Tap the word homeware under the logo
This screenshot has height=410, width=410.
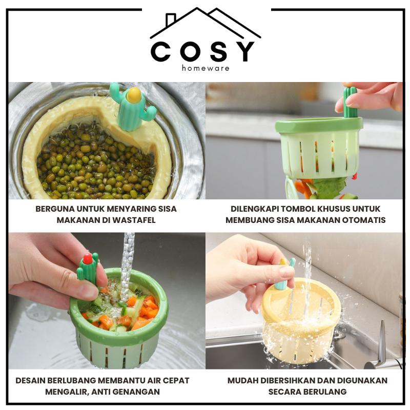[x=206, y=69]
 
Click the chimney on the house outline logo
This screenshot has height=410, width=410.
[x=171, y=19]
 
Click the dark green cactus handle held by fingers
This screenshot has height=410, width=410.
[x=350, y=102]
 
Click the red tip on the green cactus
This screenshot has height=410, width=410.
[x=88, y=258]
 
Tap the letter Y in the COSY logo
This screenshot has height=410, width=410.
[x=244, y=52]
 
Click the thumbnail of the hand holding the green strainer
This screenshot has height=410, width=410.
[x=107, y=301]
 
